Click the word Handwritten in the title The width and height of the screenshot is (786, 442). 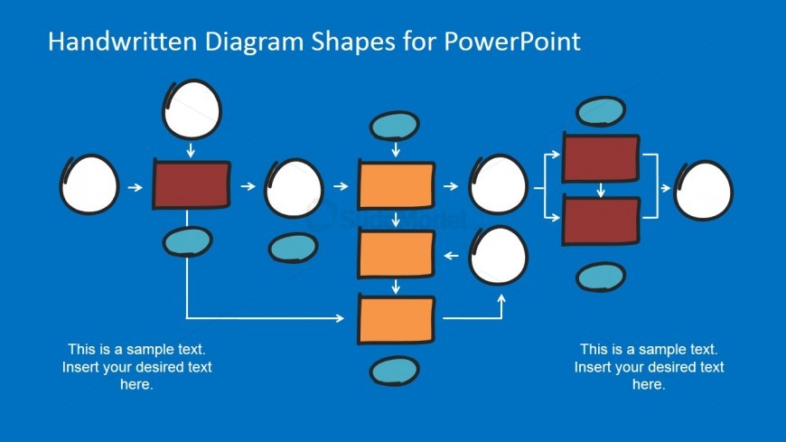(x=110, y=42)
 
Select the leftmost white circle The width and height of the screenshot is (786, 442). (x=89, y=184)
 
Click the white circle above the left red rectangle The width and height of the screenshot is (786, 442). (x=191, y=108)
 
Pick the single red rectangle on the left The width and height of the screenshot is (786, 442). (x=191, y=185)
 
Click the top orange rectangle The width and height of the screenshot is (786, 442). (x=396, y=185)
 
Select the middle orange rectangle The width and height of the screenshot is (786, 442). (x=396, y=254)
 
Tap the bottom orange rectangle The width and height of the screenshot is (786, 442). (x=396, y=319)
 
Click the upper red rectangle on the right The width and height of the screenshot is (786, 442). (x=600, y=157)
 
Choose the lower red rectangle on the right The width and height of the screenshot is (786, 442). (x=600, y=220)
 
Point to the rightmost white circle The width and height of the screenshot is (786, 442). (x=703, y=190)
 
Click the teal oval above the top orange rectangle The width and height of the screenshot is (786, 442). (x=396, y=127)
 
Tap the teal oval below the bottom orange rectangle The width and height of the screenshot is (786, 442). (x=394, y=371)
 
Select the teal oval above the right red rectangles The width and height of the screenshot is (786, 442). (x=601, y=111)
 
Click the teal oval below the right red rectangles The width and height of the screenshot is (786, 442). (x=600, y=277)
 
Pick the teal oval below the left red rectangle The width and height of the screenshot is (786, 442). (x=187, y=241)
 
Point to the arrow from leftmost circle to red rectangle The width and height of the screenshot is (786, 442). (x=135, y=187)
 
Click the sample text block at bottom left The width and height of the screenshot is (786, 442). (x=136, y=366)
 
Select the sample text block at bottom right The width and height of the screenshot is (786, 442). (x=649, y=366)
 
